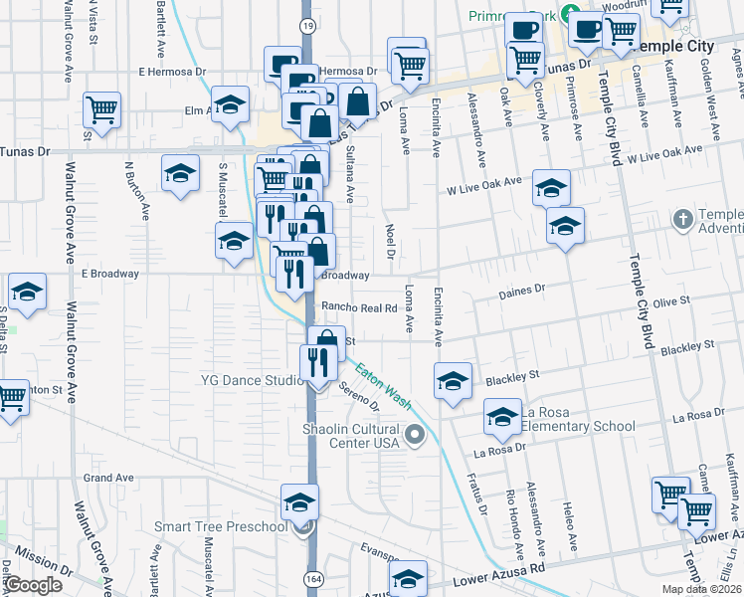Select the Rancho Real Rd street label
coord(359,308)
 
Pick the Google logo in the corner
coord(34,584)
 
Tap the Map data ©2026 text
coord(701,589)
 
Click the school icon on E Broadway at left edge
coord(28,291)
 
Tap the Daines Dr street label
coord(525,290)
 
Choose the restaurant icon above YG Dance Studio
coord(317,361)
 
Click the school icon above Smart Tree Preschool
coord(299,501)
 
